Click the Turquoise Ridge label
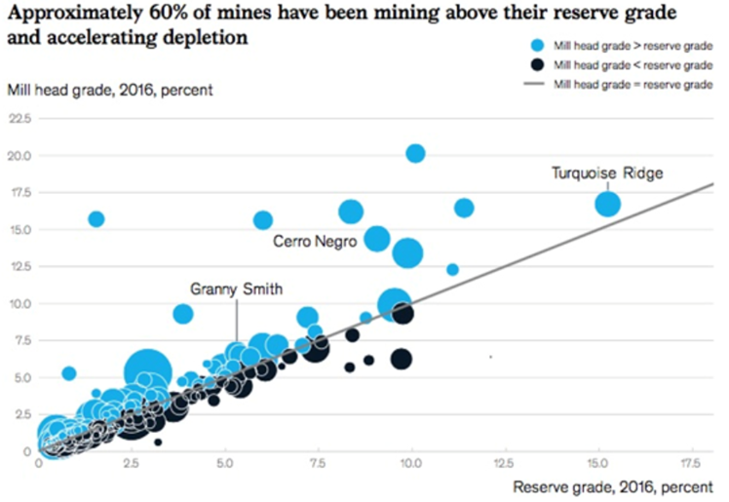point(607,173)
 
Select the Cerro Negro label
point(314,240)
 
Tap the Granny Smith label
point(237,289)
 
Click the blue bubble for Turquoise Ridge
point(608,204)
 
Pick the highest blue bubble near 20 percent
point(415,153)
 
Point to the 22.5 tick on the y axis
point(19,118)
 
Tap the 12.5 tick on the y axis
point(19,266)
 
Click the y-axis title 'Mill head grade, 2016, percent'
point(109,91)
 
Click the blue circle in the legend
point(535,46)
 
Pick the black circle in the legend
point(535,65)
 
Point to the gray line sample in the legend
point(535,85)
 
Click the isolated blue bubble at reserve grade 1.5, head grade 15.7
point(96,219)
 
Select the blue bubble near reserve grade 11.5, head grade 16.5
point(464,208)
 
